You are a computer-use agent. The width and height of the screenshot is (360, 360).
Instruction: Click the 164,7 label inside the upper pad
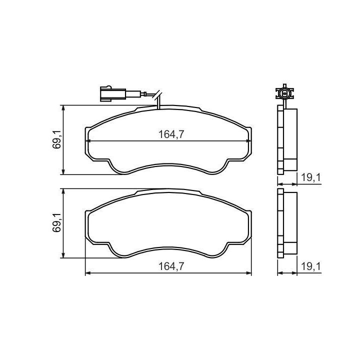(171, 134)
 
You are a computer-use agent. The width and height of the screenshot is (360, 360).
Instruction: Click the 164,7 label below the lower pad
(171, 266)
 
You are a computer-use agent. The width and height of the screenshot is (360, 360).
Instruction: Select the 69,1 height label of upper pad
(57, 138)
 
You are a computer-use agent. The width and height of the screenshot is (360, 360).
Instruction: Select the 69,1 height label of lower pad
(57, 222)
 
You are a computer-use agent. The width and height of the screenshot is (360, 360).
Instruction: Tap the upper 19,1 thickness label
(310, 177)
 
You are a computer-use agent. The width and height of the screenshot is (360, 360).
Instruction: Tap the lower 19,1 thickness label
(310, 266)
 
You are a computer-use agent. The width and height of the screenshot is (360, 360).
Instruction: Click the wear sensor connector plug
(112, 93)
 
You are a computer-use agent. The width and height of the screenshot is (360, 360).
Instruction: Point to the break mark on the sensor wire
(158, 95)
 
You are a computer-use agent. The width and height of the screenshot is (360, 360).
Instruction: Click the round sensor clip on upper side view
(284, 93)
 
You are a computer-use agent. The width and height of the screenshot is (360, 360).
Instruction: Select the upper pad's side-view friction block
(290, 139)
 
